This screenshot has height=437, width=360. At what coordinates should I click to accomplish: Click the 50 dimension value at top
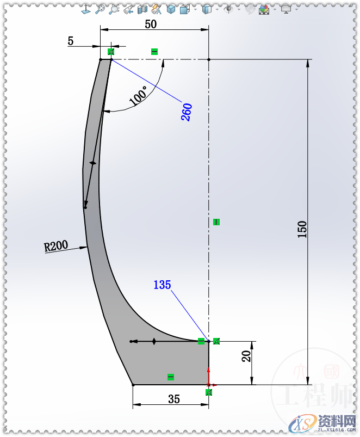click(151, 24)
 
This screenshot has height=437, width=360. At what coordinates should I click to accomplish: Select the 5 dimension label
click(71, 41)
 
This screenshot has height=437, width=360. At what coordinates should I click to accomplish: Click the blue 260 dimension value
click(187, 112)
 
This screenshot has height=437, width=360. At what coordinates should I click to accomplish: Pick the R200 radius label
click(56, 246)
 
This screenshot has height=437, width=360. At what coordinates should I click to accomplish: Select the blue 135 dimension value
click(162, 285)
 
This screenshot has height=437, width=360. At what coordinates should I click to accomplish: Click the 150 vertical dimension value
click(302, 229)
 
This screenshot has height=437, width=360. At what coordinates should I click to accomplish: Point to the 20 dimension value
click(246, 356)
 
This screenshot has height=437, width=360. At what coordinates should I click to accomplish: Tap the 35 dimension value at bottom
click(173, 399)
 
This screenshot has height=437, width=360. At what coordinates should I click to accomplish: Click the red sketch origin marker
click(209, 385)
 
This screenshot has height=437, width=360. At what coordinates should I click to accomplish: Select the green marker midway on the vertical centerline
click(216, 221)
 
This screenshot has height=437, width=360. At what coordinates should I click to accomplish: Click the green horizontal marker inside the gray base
click(171, 377)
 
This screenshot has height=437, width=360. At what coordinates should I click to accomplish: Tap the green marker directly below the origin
click(209, 392)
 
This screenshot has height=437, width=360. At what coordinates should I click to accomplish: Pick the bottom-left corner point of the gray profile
click(133, 385)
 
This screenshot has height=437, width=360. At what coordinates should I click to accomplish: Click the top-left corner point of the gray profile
click(101, 59)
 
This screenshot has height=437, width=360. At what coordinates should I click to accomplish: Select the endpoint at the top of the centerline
click(209, 59)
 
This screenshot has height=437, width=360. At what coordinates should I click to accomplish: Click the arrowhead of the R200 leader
click(85, 248)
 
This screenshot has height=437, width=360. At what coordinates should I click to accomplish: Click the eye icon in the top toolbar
click(229, 9)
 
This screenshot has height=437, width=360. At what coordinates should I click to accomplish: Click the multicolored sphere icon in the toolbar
click(264, 9)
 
